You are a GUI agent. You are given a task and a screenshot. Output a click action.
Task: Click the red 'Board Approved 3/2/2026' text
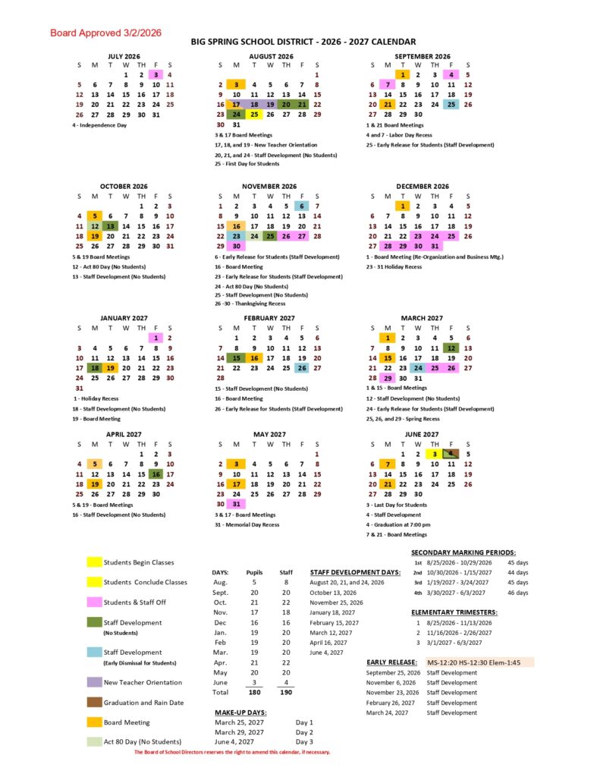[106, 33]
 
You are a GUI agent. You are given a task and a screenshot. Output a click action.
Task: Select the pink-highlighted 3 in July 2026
[155, 74]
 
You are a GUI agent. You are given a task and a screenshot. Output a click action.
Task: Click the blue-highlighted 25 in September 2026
[451, 105]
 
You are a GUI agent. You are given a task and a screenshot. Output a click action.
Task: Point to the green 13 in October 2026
[111, 226]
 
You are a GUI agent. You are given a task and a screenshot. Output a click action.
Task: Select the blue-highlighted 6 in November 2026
[301, 206]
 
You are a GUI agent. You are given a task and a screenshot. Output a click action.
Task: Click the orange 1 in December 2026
[403, 206]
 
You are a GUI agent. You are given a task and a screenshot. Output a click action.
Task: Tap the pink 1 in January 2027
[155, 338]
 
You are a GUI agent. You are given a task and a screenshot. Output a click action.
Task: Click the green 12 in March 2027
[451, 348]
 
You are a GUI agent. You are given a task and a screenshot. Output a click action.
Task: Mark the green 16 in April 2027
[155, 474]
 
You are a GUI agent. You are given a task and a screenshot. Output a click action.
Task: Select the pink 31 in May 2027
[237, 504]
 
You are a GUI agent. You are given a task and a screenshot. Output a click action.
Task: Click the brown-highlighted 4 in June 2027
[451, 454]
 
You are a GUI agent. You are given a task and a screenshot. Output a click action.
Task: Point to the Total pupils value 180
[255, 692]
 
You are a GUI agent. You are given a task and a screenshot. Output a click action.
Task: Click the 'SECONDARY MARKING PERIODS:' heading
[463, 552]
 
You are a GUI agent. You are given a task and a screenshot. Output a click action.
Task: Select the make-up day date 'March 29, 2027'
[240, 731]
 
